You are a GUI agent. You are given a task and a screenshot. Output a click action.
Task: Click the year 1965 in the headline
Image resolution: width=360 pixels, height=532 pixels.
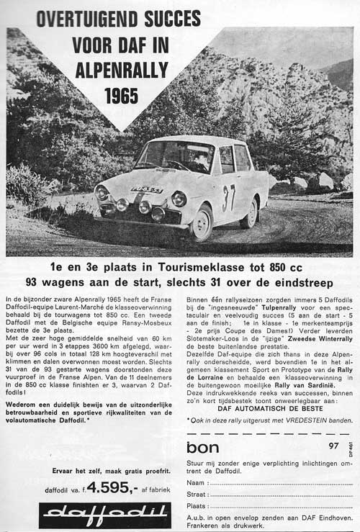coord(121,95)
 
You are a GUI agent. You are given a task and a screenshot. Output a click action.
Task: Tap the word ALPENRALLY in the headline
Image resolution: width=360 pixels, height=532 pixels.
coord(121,71)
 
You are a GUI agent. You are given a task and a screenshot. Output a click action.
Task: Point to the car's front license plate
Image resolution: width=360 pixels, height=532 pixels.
coord(146,190)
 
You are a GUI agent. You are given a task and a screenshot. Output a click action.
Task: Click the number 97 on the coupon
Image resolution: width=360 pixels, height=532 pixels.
coord(333,446)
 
